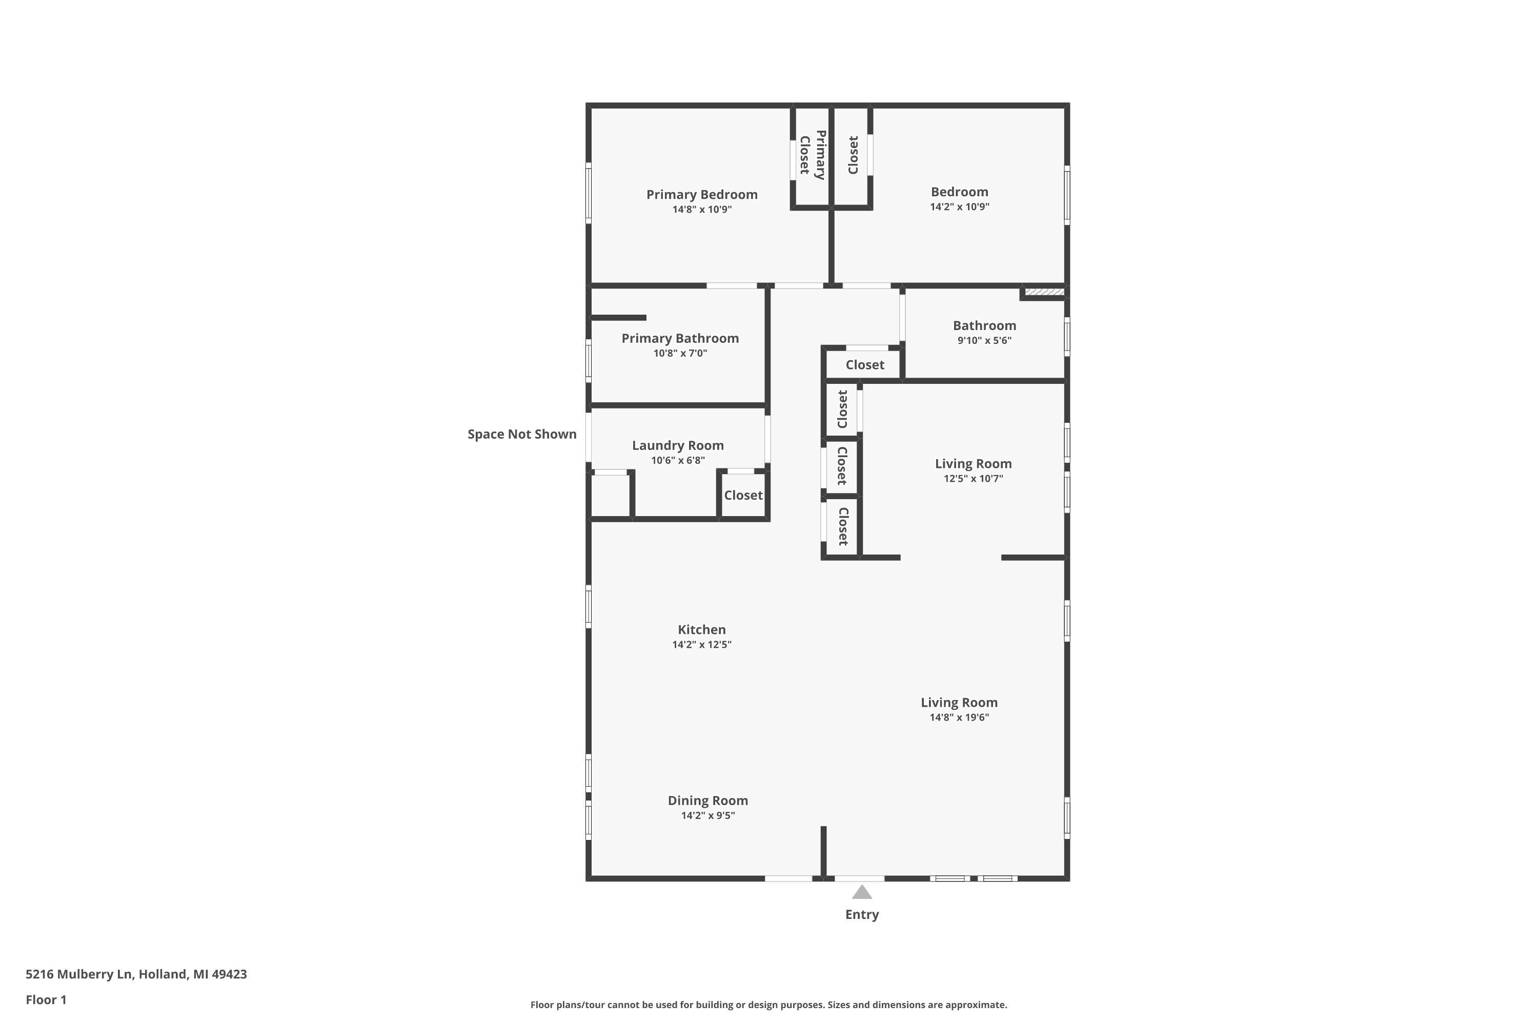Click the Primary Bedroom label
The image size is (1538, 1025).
(x=702, y=195)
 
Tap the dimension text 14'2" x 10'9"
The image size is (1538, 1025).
(x=959, y=207)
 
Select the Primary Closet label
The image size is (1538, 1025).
(x=812, y=155)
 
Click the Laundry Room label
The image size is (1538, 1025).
(x=677, y=446)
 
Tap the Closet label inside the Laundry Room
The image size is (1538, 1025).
(x=743, y=496)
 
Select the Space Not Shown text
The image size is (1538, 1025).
(x=522, y=435)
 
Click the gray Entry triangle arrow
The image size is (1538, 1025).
(x=862, y=893)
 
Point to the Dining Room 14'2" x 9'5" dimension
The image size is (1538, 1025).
(x=707, y=816)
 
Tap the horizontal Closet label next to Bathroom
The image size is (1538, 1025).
(x=864, y=365)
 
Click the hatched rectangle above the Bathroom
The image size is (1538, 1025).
(x=1044, y=292)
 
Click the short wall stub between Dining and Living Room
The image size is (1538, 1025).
(x=824, y=851)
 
